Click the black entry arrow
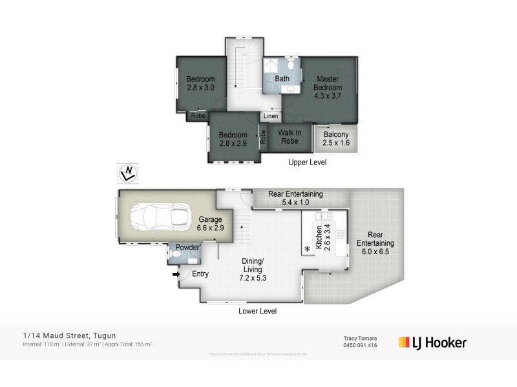coord(176,274)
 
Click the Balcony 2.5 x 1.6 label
coord(337,139)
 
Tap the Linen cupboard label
coord(271,117)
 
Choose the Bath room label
coord(282,79)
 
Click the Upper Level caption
coord(307,163)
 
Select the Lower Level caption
coord(258,312)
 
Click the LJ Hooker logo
coord(432,342)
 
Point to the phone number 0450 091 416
coord(361,346)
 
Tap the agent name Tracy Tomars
coord(361,339)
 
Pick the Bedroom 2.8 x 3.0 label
coord(200,83)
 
